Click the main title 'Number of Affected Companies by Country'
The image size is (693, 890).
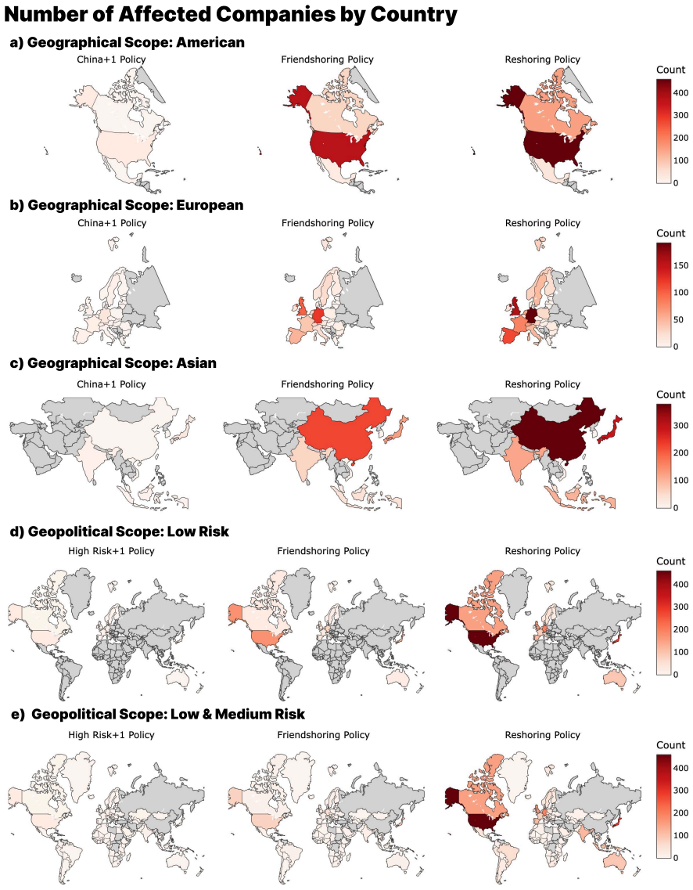tap(230, 14)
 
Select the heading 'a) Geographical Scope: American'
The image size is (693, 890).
tap(127, 42)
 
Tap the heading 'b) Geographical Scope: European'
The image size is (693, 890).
tap(127, 205)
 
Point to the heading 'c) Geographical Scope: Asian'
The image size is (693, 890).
tap(113, 363)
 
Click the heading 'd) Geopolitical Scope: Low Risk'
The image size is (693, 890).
tap(120, 531)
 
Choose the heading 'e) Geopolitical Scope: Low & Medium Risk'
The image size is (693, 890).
tap(158, 714)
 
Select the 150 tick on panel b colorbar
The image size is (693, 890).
tap(680, 265)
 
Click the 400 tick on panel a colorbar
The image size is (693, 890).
tap(680, 92)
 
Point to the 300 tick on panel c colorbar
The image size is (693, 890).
tap(680, 426)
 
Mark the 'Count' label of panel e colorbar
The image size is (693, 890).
tap(670, 745)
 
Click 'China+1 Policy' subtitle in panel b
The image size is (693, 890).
tap(112, 223)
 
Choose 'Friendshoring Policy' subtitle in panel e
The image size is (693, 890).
tap(323, 735)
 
